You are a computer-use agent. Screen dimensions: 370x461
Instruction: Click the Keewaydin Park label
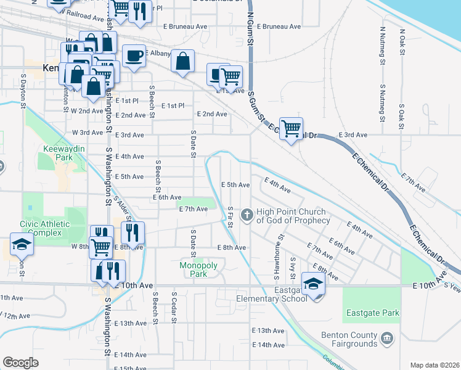pos(59,153)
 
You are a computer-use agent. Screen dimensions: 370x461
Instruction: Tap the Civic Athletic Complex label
pos(41,228)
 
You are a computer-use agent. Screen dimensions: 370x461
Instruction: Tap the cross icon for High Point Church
pos(247,214)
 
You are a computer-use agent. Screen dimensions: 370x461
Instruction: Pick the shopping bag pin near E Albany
pos(182,61)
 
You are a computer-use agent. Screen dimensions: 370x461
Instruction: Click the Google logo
pos(20,363)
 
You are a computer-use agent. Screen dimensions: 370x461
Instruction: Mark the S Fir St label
pos(230,216)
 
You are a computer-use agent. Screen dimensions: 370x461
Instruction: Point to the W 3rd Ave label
pos(87,133)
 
